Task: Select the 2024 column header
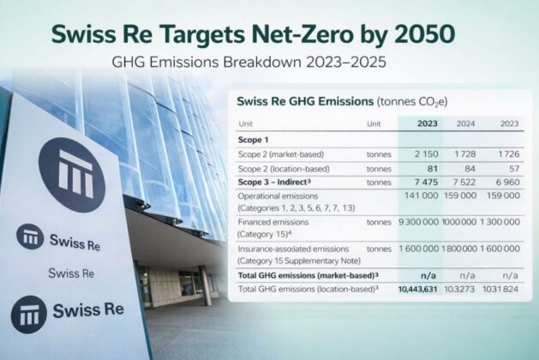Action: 466,123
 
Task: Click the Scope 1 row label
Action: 253,140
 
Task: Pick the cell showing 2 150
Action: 426,154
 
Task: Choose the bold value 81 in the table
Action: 433,169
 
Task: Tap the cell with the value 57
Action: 514,169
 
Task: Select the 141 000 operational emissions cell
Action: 421,195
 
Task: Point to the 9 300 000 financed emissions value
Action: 419,222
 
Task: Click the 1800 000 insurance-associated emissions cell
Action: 459,249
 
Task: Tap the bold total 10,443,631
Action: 417,290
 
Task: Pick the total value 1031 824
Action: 500,289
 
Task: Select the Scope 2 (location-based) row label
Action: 284,169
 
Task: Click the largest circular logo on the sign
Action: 72,175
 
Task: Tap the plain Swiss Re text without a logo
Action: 71,273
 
